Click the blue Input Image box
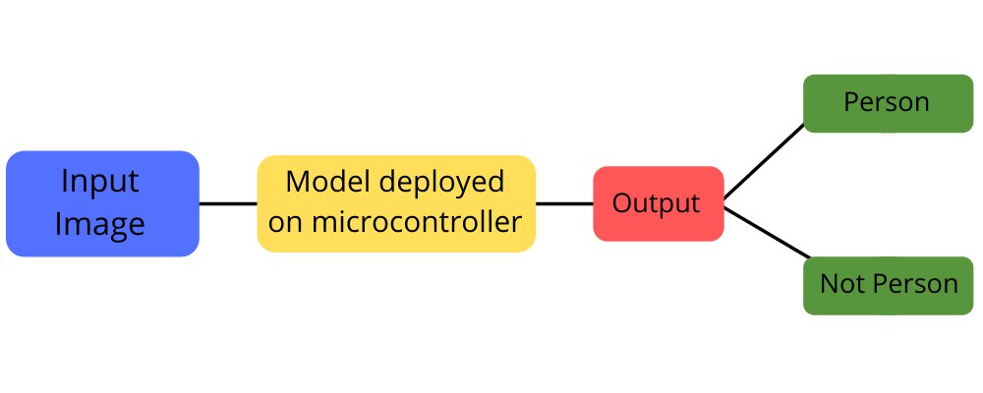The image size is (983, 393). coord(102,203)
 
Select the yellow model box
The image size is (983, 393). coord(396,203)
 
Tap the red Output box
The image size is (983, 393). coord(659,203)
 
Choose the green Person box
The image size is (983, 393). coord(888,103)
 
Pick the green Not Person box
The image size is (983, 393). coord(888,285)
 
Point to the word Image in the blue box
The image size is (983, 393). coord(100,224)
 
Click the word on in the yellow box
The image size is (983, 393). coord(285,224)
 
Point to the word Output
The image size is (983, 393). coord(656,203)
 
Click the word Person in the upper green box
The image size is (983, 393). coord(887,102)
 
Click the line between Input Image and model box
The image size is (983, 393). coord(228,203)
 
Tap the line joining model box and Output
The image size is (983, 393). coord(564,203)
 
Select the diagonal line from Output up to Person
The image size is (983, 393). coord(764,162)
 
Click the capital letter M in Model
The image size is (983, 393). coord(297,183)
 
